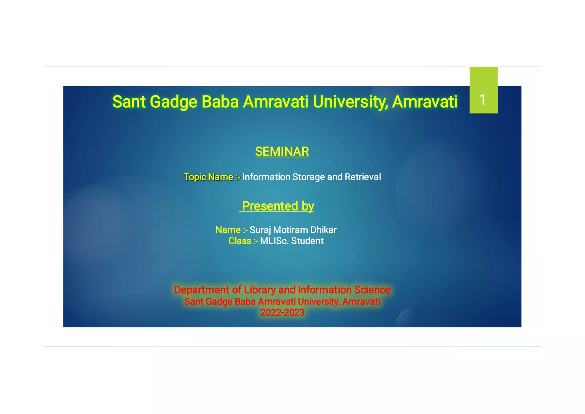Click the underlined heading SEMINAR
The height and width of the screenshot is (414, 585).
coord(282,152)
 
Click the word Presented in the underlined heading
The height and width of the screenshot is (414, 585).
coord(270,206)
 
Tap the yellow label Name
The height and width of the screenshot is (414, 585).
coord(228,230)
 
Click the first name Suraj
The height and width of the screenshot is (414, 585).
coord(260,230)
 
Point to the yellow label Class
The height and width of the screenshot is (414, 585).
coord(240,241)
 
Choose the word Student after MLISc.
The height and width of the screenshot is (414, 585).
coord(307,241)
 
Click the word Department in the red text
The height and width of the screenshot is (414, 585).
coord(202,290)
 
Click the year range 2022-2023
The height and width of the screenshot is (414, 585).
coord(282,313)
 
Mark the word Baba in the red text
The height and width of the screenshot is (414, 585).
coord(245,302)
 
